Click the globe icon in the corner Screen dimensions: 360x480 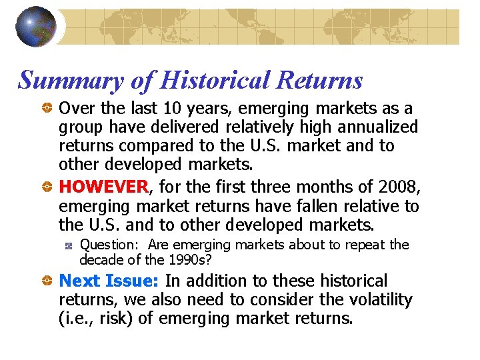[x=35, y=27]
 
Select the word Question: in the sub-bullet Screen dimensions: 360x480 [x=110, y=245]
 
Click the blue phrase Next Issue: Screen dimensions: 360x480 [x=109, y=281]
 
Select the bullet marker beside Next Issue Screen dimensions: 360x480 [x=49, y=282]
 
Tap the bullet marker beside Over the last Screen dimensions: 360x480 [x=49, y=109]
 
